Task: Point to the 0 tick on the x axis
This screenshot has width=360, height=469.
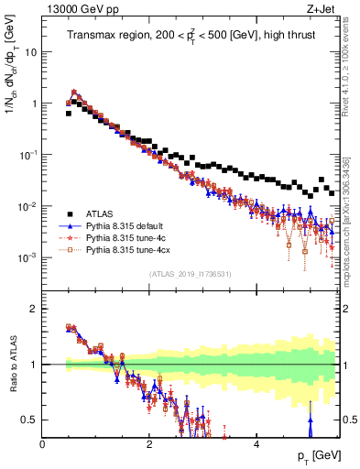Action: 43,444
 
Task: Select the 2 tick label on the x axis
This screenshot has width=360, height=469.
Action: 149,444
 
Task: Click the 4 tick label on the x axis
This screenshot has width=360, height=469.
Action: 256,444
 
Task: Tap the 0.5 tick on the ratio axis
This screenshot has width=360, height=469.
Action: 31,420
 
